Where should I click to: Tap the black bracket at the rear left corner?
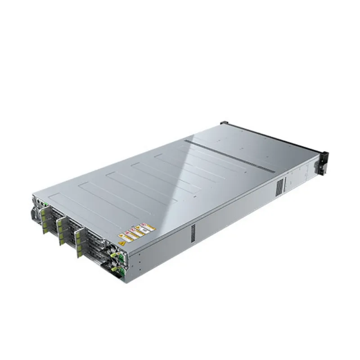click(224, 122)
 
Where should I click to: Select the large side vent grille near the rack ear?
click(279, 185)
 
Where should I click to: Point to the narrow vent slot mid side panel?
click(193, 232)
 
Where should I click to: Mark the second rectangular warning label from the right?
click(141, 231)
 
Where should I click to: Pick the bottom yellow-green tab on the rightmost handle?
click(80, 255)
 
